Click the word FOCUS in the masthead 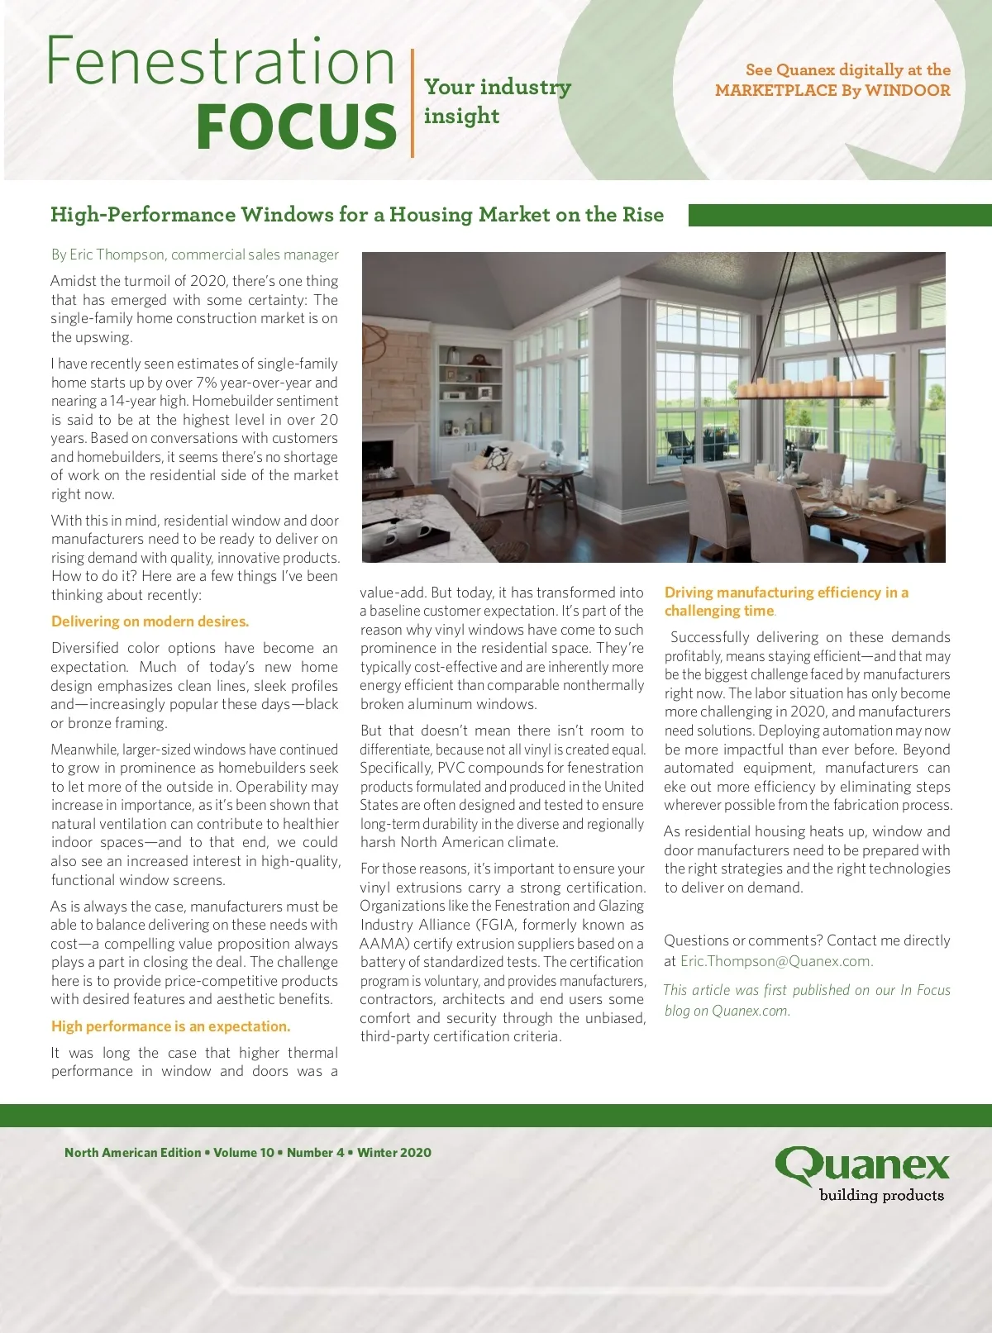[296, 126]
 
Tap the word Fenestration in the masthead [220, 63]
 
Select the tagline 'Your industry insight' [496, 101]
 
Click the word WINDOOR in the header [908, 91]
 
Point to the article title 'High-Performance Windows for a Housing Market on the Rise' [356, 215]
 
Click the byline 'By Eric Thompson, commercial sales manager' [195, 255]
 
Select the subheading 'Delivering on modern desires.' [150, 621]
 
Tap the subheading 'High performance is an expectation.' [170, 1026]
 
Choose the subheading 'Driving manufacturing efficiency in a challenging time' [785, 602]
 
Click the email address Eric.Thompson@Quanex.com [776, 961]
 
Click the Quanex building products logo [862, 1174]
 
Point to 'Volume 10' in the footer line [243, 1153]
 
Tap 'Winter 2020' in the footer [394, 1153]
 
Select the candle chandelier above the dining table [809, 386]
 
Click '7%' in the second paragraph [206, 383]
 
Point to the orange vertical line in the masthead [412, 102]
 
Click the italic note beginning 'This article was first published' [807, 1000]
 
